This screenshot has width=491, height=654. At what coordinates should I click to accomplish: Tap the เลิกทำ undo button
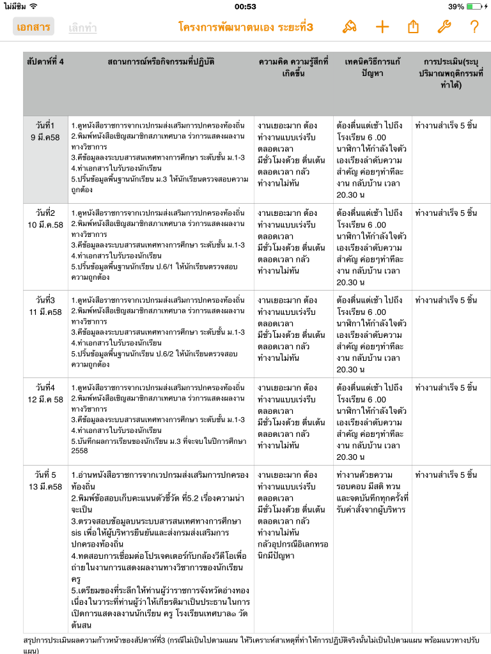(x=83, y=27)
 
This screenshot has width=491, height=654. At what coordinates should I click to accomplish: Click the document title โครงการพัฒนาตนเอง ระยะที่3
(x=246, y=27)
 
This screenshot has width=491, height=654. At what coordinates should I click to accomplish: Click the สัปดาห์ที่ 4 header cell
(x=45, y=62)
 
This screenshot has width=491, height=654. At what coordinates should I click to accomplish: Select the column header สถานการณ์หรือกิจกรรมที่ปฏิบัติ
(x=161, y=62)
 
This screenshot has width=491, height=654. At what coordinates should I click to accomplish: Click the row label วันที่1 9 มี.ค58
(x=45, y=131)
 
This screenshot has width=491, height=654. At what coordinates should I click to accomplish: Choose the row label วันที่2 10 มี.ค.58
(x=45, y=218)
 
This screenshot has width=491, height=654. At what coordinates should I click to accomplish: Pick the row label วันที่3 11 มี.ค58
(x=45, y=305)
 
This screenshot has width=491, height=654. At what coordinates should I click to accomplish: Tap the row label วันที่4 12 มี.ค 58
(x=45, y=393)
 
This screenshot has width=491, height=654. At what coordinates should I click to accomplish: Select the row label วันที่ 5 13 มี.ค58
(x=45, y=480)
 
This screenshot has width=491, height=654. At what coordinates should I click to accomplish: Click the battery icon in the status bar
(x=474, y=6)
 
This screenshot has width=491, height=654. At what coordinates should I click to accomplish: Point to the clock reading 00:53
(x=245, y=6)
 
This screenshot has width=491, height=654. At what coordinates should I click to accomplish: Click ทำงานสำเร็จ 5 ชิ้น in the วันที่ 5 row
(x=446, y=475)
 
